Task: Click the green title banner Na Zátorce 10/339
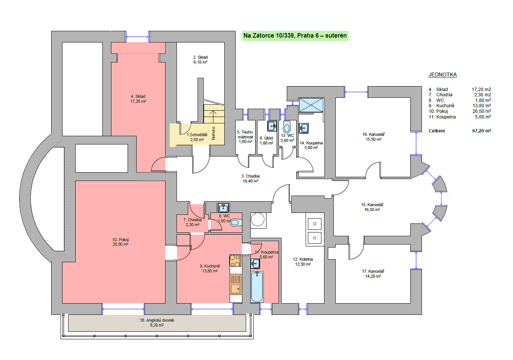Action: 295,36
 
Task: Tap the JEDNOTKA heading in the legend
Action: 443,74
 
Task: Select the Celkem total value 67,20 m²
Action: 481,131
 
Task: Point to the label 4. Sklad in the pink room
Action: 138,96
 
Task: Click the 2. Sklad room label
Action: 200,57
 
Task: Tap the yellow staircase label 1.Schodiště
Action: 197,135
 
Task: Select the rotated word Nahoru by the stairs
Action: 213,133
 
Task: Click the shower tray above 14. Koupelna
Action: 311,105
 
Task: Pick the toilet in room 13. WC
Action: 287,127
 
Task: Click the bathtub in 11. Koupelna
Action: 257,287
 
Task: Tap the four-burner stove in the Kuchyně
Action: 236,261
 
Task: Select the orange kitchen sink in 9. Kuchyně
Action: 236,284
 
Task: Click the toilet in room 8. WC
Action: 236,222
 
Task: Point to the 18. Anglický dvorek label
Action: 157,320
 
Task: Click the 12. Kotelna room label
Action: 303,259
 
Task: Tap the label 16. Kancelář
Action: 373,134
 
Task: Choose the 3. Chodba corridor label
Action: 250,176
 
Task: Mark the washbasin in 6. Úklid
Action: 272,126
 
